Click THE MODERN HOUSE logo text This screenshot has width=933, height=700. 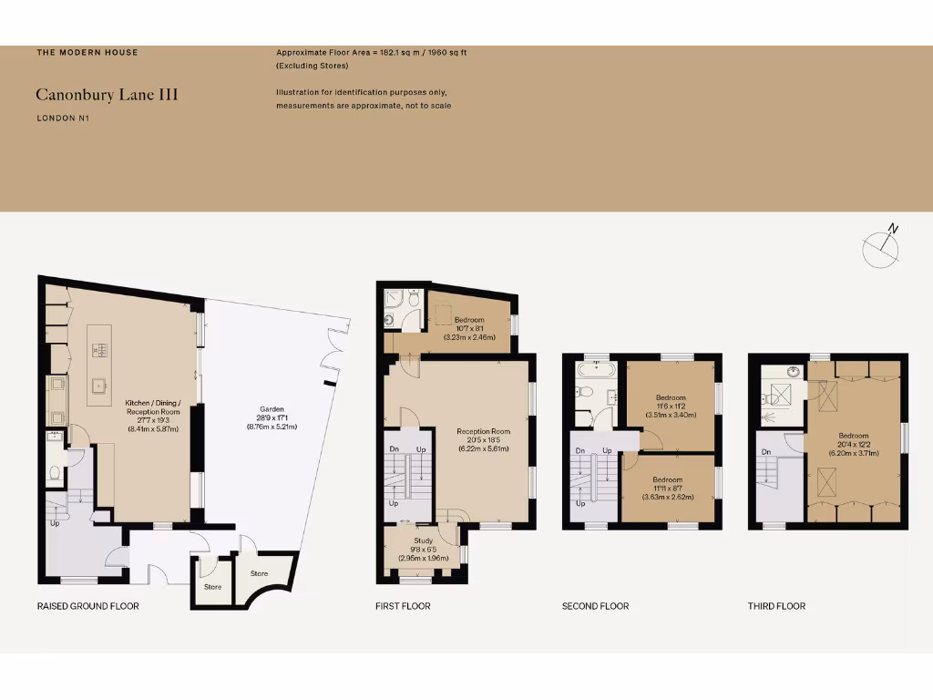[87, 53]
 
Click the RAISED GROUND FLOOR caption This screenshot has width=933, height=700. [87, 606]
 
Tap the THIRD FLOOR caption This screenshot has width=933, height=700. [776, 606]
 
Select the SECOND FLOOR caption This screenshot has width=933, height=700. [595, 606]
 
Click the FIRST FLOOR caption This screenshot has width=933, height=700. [403, 606]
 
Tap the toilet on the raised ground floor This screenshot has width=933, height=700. [55, 473]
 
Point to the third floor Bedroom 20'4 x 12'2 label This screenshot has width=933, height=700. [854, 443]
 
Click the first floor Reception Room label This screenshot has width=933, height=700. [484, 437]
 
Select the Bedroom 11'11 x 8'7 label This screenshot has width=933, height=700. [667, 488]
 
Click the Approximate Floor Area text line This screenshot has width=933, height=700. [372, 53]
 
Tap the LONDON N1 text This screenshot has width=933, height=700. [63, 118]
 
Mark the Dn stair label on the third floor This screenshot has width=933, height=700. [765, 452]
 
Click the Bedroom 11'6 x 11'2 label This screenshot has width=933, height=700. [670, 406]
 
